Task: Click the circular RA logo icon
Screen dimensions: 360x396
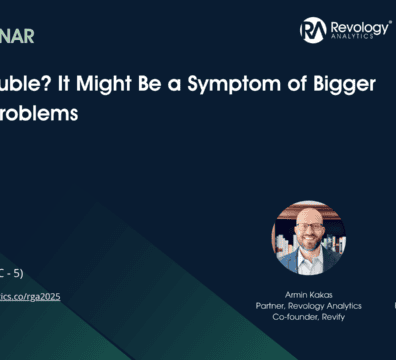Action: [x=313, y=30]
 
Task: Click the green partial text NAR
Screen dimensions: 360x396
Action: [x=20, y=38]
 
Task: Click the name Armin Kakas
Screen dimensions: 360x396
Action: [x=301, y=294]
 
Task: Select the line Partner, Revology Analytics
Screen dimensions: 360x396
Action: [x=301, y=305]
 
